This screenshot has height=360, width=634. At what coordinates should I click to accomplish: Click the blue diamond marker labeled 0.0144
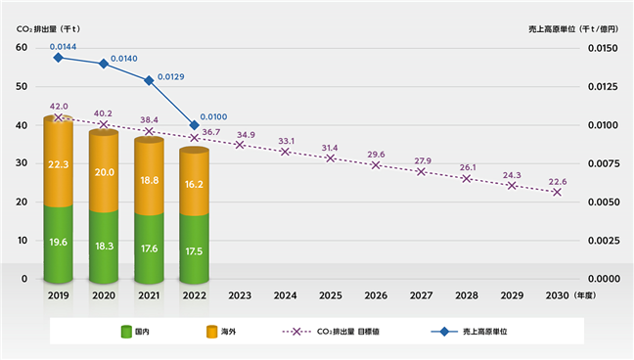59,58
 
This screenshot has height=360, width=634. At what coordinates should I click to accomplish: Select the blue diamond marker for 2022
194,125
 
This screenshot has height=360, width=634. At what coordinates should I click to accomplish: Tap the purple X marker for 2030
557,192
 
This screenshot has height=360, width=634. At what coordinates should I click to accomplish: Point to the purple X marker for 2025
331,158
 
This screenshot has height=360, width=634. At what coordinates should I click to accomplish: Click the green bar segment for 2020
104,247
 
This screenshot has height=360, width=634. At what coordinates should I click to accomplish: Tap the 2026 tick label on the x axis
376,295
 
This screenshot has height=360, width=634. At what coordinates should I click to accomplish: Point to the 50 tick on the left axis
22,86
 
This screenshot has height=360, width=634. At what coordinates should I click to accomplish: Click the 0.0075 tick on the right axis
603,163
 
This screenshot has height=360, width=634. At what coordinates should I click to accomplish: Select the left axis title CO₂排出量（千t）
49,29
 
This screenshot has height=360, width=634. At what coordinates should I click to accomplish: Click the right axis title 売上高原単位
552,29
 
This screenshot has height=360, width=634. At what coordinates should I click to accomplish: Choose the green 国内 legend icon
126,332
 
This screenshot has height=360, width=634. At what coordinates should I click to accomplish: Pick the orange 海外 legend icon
212,332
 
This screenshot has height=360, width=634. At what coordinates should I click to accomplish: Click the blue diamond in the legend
444,332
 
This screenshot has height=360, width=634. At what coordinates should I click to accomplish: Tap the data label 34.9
246,135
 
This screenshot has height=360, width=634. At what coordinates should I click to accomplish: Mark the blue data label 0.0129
170,77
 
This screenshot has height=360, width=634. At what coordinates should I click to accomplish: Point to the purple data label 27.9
423,161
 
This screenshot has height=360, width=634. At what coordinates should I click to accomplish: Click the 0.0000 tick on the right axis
603,279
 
